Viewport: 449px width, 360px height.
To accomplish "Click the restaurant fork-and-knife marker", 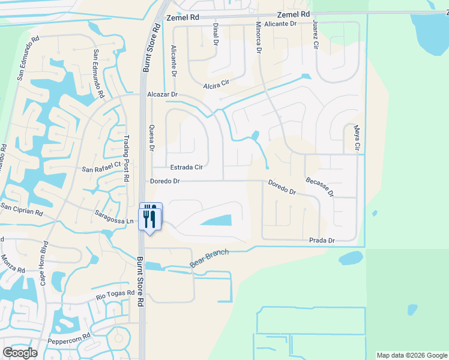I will click(150, 216).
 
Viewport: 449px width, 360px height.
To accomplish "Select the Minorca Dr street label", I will click(259, 39).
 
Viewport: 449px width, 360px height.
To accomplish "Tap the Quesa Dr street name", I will click(151, 137).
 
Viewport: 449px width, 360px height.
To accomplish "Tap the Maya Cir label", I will click(357, 137).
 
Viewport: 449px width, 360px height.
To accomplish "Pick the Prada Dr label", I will click(322, 241).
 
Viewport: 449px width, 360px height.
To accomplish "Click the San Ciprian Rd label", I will click(22, 209).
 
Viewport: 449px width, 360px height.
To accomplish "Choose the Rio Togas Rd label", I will click(117, 295).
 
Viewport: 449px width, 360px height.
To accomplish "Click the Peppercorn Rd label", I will click(69, 339).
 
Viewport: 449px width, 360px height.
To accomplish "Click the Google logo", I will click(20, 352).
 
